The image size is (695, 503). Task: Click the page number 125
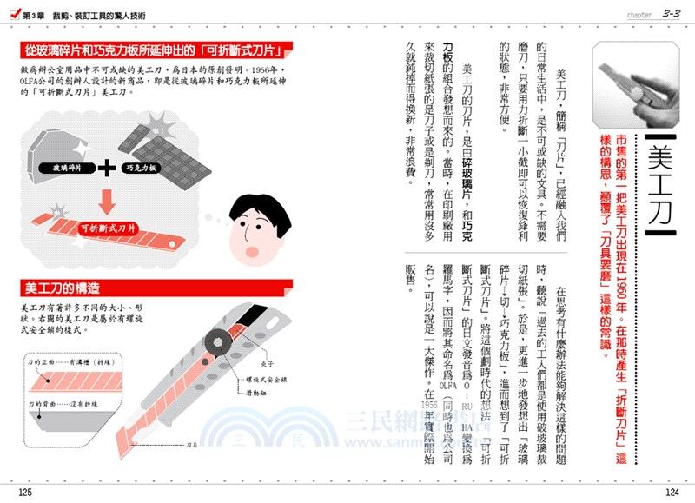tap(24, 493)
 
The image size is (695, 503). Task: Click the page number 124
tap(670, 493)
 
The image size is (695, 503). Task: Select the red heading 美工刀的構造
tap(69, 287)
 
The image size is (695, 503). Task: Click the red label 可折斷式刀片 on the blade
tap(109, 228)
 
